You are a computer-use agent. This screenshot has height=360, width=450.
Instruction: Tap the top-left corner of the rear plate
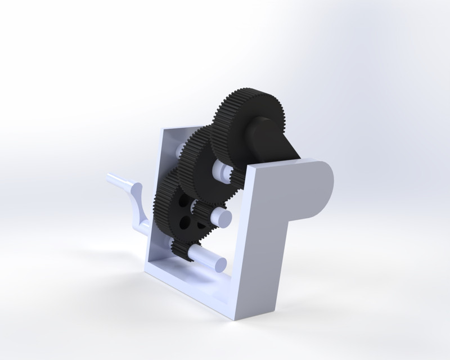tap(164, 131)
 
